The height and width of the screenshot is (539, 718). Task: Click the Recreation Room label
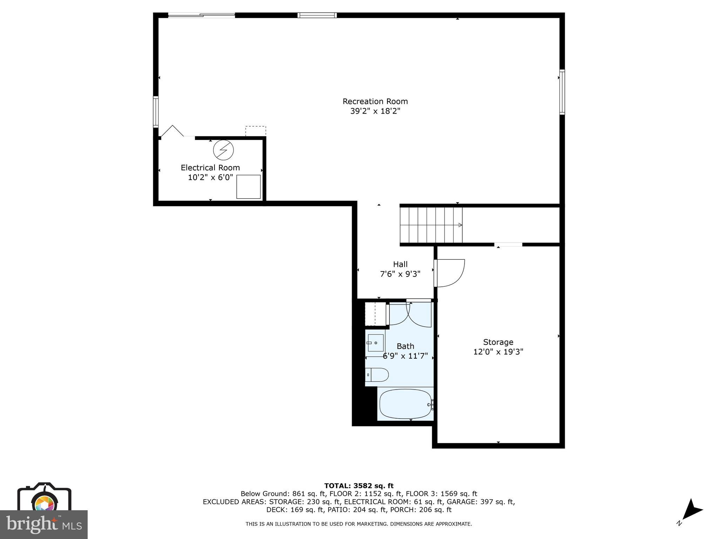[375, 101]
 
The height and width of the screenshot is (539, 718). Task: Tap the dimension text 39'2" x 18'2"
[375, 111]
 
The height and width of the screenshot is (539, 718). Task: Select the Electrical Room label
[210, 168]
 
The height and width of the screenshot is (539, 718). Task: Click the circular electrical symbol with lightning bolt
[223, 150]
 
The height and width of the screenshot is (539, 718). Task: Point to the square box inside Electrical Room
[248, 187]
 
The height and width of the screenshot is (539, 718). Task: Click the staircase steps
[431, 225]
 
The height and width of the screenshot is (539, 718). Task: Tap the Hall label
[400, 264]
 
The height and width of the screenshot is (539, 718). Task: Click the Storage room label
[498, 342]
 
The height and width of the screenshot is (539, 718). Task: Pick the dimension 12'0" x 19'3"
[498, 352]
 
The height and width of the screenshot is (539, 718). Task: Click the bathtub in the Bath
[405, 404]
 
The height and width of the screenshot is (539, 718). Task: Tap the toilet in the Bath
[378, 375]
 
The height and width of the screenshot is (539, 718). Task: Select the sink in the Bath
[375, 342]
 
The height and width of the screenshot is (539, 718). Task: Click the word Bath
[405, 346]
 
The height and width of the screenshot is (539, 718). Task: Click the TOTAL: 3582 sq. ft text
[359, 486]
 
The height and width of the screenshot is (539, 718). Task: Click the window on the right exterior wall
[562, 92]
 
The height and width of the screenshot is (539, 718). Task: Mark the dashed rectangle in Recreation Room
[256, 131]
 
